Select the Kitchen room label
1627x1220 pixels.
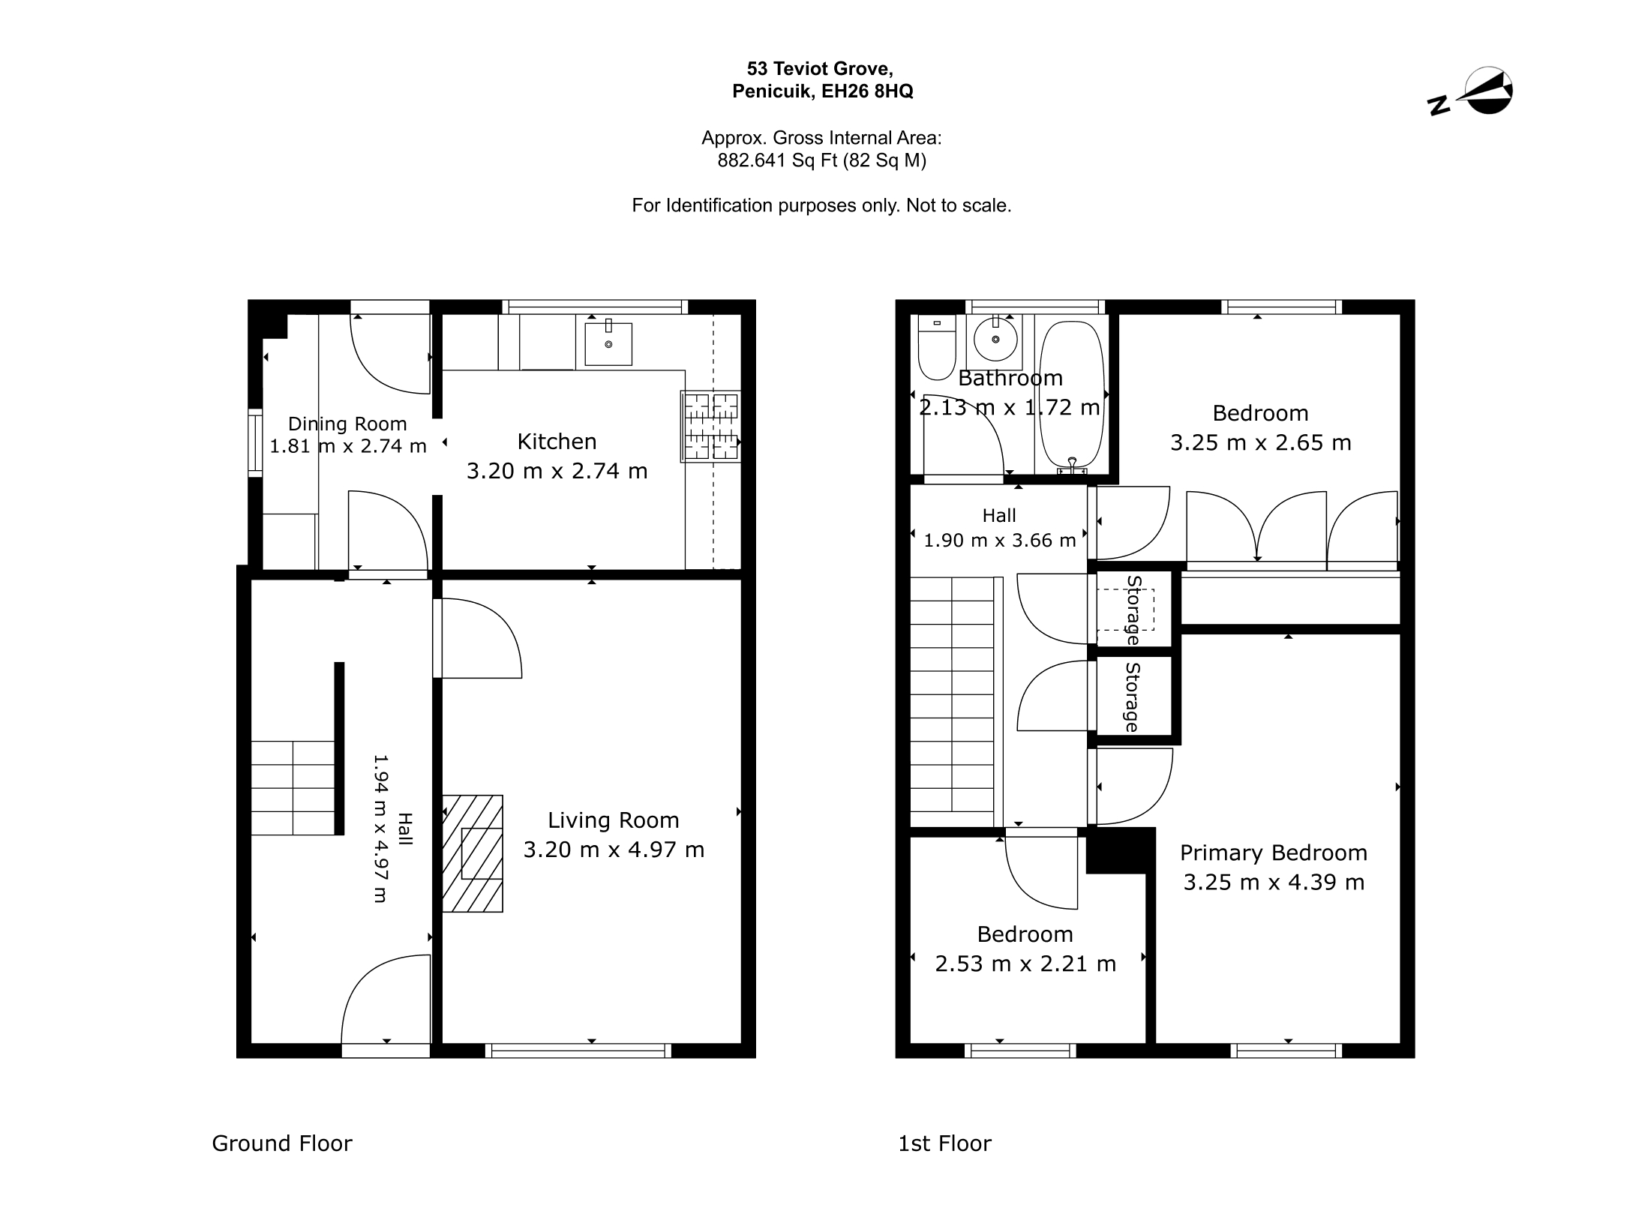click(557, 441)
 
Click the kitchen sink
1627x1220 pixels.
click(608, 343)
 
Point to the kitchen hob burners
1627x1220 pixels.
click(710, 426)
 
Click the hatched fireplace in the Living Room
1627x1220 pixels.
click(473, 853)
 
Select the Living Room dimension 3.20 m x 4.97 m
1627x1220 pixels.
click(614, 850)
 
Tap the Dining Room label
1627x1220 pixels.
click(347, 424)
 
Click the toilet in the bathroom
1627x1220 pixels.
click(937, 347)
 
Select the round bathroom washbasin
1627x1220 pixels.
click(995, 339)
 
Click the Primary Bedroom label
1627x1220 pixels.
click(1274, 853)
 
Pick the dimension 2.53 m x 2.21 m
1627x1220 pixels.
click(1025, 963)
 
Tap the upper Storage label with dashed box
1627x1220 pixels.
click(1133, 610)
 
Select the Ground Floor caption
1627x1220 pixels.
click(282, 1143)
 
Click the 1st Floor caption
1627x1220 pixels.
click(944, 1143)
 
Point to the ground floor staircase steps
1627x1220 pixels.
click(293, 788)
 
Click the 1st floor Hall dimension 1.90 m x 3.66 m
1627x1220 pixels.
click(999, 540)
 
